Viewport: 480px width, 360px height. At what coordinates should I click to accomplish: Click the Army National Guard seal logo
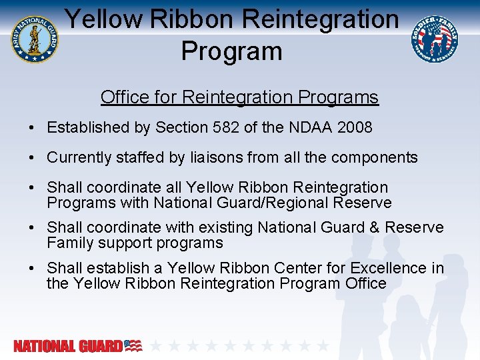(x=34, y=38)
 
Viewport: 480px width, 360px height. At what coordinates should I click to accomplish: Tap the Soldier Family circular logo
(x=435, y=38)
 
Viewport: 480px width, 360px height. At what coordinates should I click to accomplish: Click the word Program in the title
(x=231, y=51)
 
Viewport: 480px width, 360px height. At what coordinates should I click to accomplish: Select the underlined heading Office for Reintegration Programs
(x=239, y=97)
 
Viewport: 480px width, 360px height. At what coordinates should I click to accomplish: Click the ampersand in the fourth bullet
(x=374, y=227)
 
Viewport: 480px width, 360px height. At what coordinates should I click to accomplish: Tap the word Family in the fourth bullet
(x=70, y=243)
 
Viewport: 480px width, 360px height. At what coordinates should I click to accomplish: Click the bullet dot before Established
(x=32, y=127)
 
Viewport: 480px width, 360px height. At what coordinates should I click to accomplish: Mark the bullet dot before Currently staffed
(x=32, y=158)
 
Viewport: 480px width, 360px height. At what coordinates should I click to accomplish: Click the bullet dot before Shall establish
(x=32, y=268)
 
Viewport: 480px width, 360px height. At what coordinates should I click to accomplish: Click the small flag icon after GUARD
(x=133, y=345)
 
